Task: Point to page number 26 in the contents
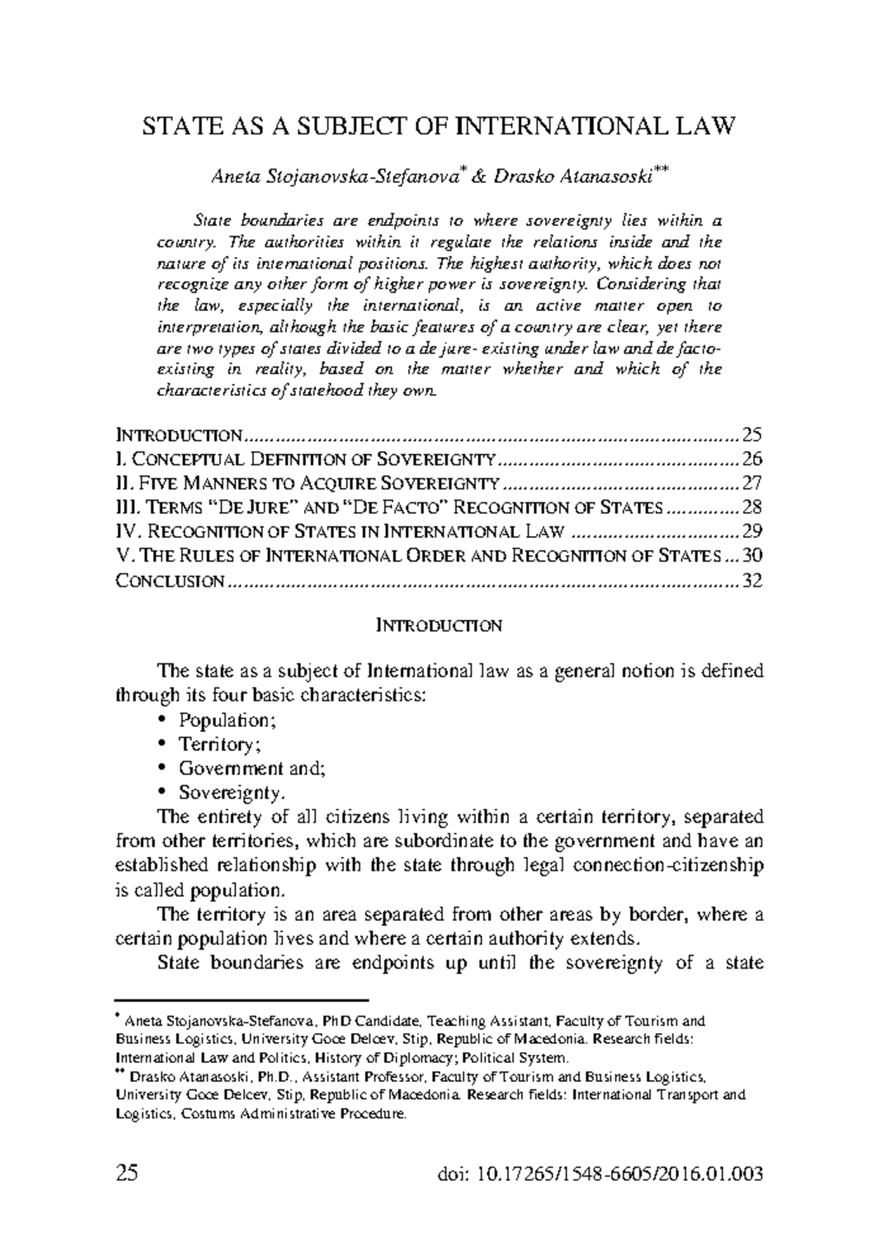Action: (752, 460)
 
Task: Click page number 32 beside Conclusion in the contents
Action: (752, 581)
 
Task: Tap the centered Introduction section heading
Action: (438, 626)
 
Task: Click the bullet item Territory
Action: (220, 745)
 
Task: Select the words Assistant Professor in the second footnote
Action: (363, 1078)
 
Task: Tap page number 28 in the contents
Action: (752, 508)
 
